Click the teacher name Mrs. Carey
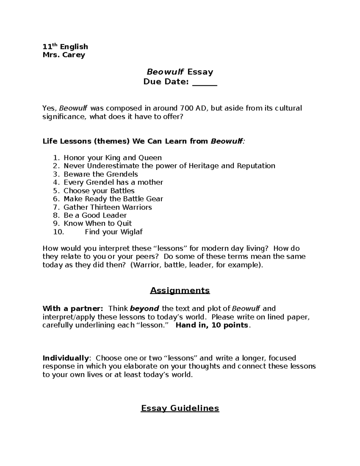(64, 55)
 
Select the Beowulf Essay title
(180, 72)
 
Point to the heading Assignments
(180, 290)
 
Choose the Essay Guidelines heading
(180, 408)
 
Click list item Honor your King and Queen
(112, 158)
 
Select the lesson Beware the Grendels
(100, 174)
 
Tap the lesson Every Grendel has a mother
(113, 182)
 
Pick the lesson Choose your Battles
(99, 191)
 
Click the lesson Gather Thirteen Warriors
(107, 207)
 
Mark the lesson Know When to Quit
(97, 224)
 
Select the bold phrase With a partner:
(73, 309)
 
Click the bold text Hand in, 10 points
(212, 325)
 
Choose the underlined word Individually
(66, 358)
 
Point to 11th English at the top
(65, 47)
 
